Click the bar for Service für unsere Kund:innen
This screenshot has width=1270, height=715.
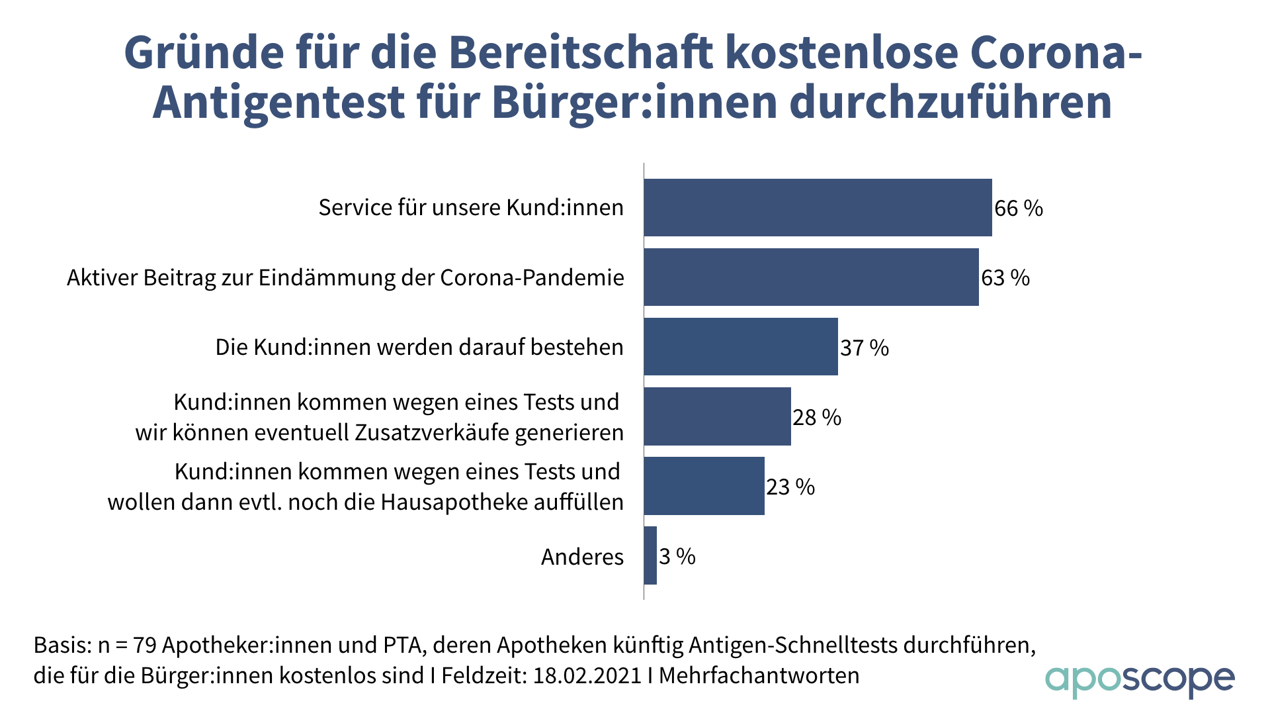point(818,207)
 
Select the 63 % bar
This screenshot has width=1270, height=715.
point(811,277)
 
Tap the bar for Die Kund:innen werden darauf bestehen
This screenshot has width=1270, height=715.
point(741,346)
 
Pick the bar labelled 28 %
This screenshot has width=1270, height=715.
point(717,416)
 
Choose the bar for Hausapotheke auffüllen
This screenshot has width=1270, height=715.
point(704,486)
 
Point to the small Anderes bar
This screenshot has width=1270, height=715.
point(650,555)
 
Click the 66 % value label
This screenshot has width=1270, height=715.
point(1019,209)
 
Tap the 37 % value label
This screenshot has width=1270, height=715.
point(865,348)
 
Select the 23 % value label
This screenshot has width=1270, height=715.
point(790,487)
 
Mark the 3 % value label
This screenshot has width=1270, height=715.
point(677,557)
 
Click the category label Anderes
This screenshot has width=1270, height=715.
point(582,557)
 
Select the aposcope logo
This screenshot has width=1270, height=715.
point(1139,681)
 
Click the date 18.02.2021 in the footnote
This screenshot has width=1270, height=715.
point(587,676)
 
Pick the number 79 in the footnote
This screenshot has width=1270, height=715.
point(144,645)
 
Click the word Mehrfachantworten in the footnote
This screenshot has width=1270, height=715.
point(759,676)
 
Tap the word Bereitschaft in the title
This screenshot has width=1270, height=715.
point(581,52)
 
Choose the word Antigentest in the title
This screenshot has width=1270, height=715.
point(278,102)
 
